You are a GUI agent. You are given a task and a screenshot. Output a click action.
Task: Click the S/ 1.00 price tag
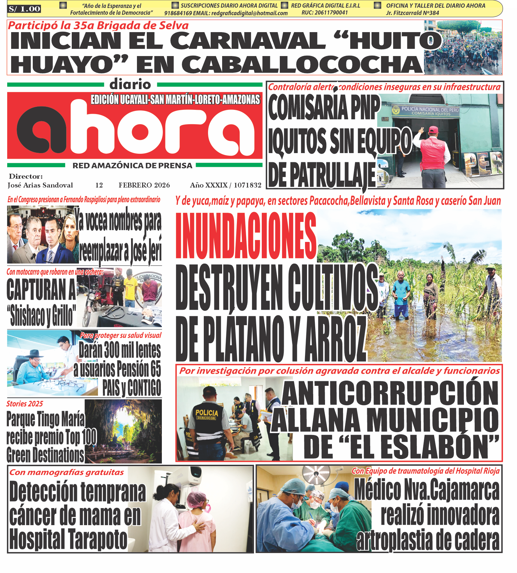[x=24, y=9]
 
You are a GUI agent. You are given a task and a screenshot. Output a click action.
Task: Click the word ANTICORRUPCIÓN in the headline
[x=390, y=393]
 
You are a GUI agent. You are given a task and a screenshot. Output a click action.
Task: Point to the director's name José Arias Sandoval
[x=40, y=185]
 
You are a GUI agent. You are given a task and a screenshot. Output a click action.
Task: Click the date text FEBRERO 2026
[x=144, y=185]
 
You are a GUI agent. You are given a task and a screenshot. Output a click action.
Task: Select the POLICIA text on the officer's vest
[x=206, y=413]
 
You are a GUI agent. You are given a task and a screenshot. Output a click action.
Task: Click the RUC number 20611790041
[x=324, y=13]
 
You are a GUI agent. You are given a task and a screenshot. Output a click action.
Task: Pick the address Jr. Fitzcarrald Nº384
[x=412, y=13]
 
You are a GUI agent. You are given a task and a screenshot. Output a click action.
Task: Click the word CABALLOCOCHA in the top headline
[x=301, y=65]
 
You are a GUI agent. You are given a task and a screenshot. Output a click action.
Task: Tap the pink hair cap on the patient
[x=197, y=499]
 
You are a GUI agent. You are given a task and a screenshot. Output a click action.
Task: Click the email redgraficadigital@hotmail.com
[x=249, y=13]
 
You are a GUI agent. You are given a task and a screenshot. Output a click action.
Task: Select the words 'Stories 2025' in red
[x=25, y=404]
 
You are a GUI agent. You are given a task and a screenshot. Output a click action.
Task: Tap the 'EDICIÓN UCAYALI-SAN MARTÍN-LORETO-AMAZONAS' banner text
[x=175, y=100]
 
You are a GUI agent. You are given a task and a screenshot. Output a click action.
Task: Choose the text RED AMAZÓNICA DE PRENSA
[x=132, y=166]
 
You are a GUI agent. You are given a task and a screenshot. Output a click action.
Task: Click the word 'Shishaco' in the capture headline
[x=28, y=316]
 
